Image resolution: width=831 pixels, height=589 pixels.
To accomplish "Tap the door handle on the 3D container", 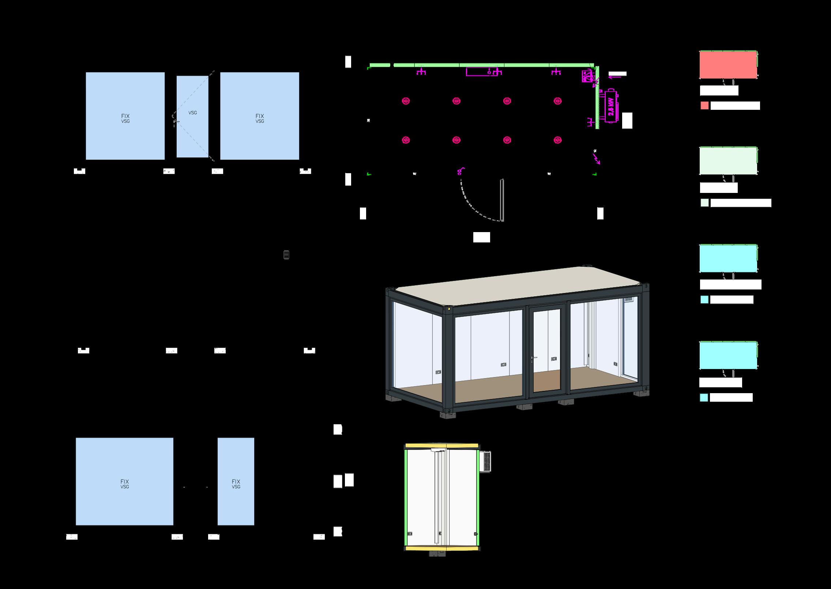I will click(534, 357).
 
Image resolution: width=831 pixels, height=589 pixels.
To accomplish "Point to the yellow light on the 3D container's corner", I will click(450, 310).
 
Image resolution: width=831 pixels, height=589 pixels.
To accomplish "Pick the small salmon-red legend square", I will click(704, 106).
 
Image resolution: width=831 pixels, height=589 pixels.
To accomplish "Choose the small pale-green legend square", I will click(704, 203).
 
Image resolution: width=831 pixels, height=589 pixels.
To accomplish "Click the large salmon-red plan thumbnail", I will click(728, 65).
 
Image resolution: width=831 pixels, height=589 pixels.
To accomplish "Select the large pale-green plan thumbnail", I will click(728, 161).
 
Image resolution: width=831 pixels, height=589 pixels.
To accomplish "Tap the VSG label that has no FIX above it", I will click(193, 113).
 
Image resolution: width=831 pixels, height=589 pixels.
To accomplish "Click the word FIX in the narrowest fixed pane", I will click(236, 482).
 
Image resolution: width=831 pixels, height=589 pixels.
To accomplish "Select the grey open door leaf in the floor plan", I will click(502, 200).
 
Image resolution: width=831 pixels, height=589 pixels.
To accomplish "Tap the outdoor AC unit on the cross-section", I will click(486, 462).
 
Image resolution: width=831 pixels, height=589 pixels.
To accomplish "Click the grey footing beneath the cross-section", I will click(437, 564).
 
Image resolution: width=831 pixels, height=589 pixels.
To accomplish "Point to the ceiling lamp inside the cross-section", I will click(439, 450).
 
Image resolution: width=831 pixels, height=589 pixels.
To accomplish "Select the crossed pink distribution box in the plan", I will click(587, 77).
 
